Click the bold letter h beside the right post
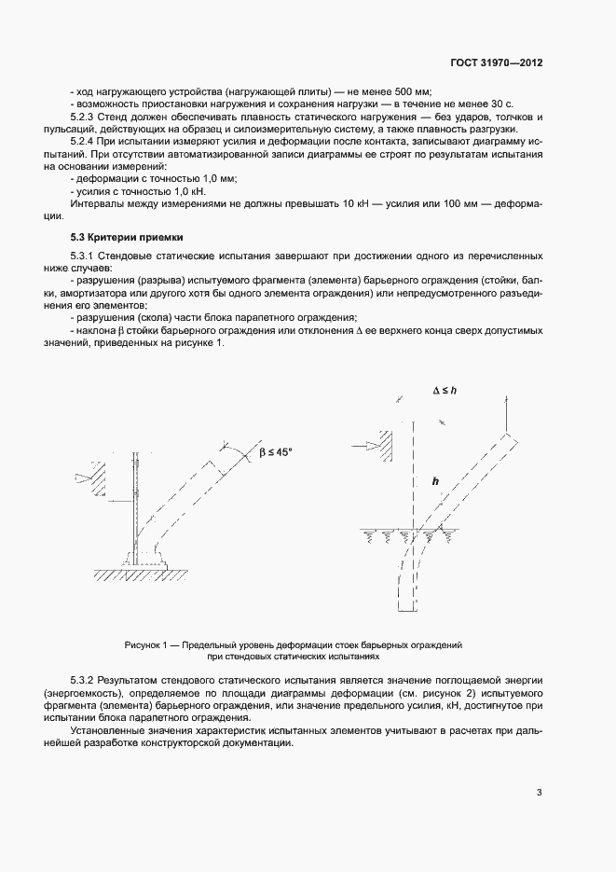point(434,481)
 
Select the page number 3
point(539,793)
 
